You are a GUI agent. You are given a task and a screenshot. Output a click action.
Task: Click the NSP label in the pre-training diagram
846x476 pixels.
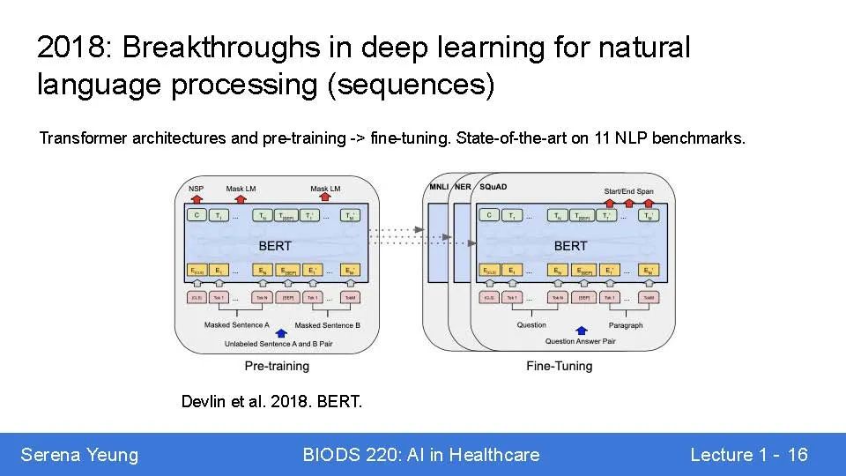[x=196, y=188]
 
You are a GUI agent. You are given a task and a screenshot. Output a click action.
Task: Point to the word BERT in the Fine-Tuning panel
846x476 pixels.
[x=571, y=245]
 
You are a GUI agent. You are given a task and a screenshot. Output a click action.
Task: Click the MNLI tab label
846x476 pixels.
[x=438, y=188]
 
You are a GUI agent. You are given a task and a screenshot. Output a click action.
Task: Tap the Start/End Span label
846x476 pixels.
[x=628, y=191]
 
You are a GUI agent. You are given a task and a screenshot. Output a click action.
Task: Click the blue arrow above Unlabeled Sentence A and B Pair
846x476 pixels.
[x=281, y=332]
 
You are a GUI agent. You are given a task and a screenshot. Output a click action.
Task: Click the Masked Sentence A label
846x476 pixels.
[x=237, y=325]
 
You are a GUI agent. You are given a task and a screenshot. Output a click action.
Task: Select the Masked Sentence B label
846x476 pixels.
[x=329, y=325]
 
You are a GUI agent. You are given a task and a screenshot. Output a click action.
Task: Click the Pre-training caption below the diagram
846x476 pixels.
[x=277, y=365]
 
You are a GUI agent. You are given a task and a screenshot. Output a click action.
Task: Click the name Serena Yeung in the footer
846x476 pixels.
[x=79, y=455]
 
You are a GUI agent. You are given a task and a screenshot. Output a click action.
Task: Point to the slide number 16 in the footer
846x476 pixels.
[x=798, y=455]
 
